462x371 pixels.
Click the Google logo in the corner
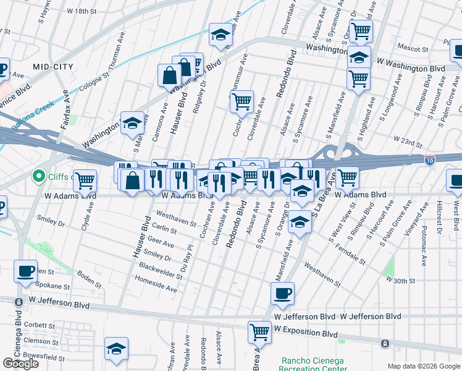tap(20, 363)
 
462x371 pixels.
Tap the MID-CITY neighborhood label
tap(54, 66)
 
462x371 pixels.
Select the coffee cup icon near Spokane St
tap(26, 272)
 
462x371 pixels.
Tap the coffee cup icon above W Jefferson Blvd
tap(282, 294)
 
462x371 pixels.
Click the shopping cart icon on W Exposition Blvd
tap(259, 332)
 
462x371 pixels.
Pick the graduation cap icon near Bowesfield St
tap(116, 349)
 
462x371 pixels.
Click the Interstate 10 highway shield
tap(430, 160)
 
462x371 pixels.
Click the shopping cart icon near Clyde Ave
tap(85, 181)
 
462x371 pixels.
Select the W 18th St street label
tap(82, 11)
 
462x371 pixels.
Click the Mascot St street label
tap(413, 48)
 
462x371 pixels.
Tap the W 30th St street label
tap(400, 280)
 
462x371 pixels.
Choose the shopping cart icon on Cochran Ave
tap(242, 101)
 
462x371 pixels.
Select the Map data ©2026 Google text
tap(424, 366)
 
